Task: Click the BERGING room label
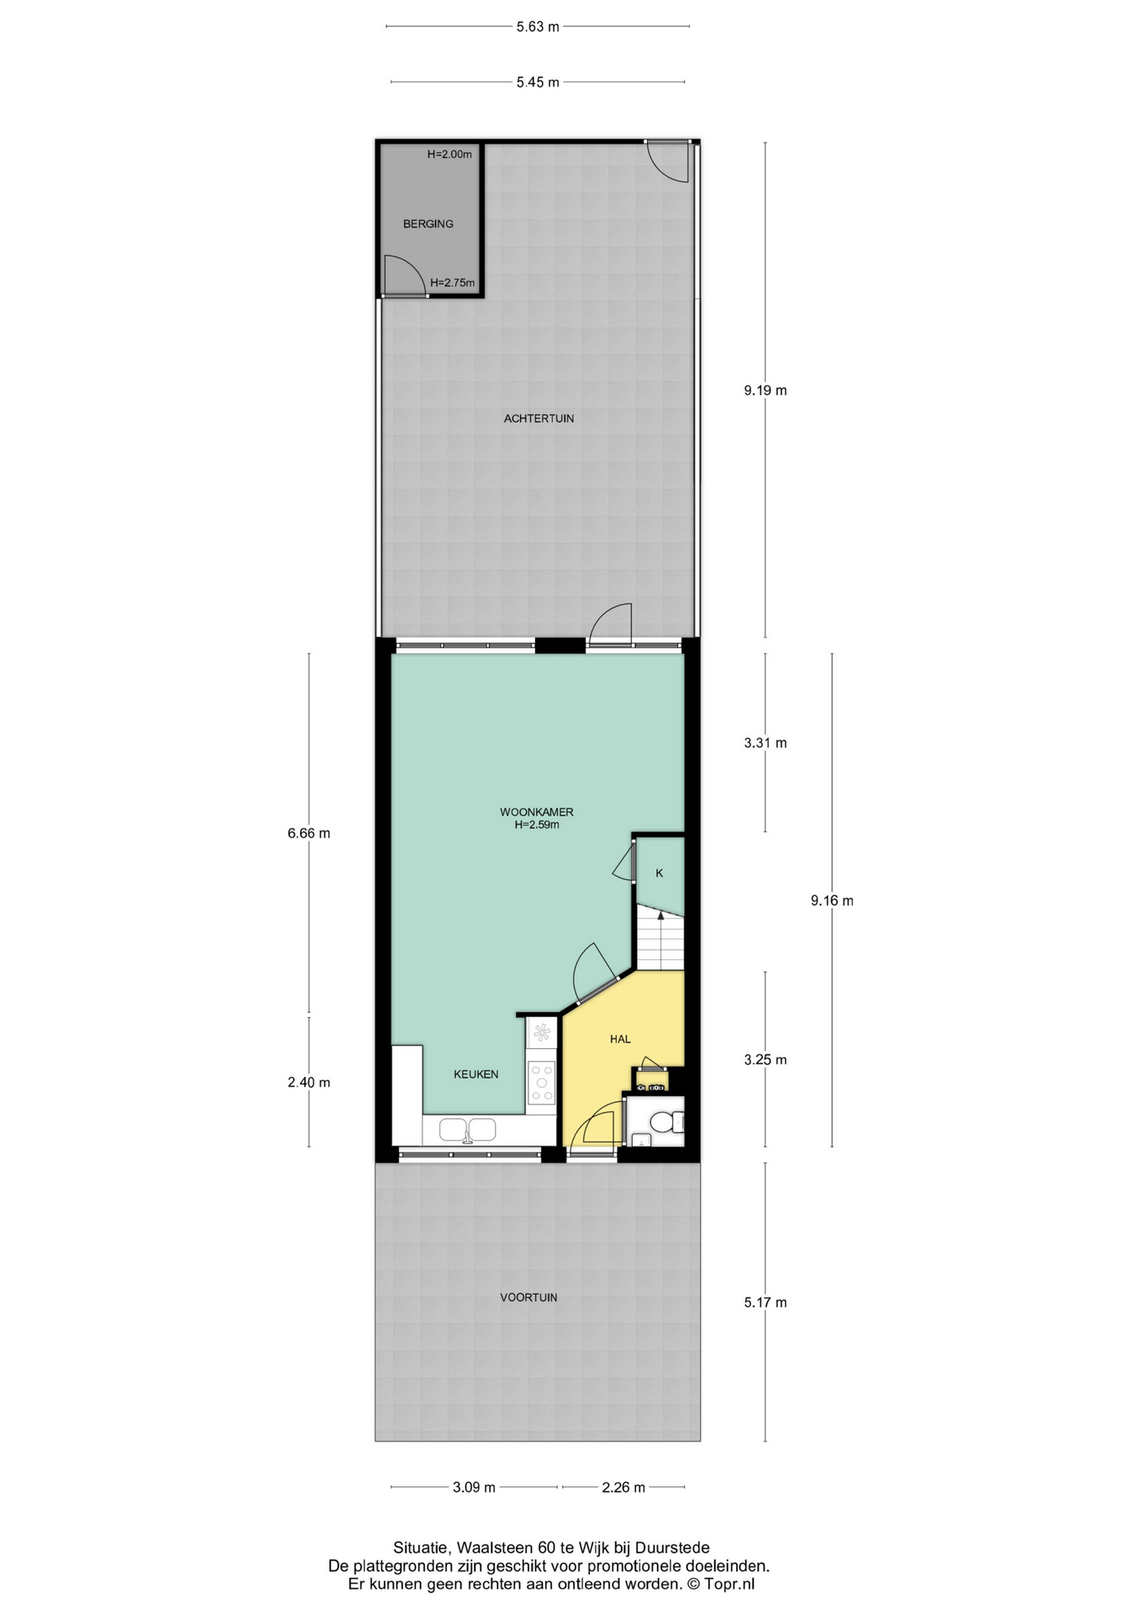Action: click(428, 224)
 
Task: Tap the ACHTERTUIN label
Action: click(539, 418)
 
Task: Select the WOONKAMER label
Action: click(537, 812)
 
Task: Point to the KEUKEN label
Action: click(476, 1074)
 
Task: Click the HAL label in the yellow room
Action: click(620, 1039)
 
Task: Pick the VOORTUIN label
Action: click(528, 1297)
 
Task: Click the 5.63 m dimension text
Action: click(538, 26)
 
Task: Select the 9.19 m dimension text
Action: click(765, 390)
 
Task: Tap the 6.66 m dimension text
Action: click(308, 833)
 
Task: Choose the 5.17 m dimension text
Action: click(765, 1302)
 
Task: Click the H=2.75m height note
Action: click(452, 283)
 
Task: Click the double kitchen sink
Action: click(469, 1130)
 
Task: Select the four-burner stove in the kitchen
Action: click(541, 1081)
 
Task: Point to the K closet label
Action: click(660, 873)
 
